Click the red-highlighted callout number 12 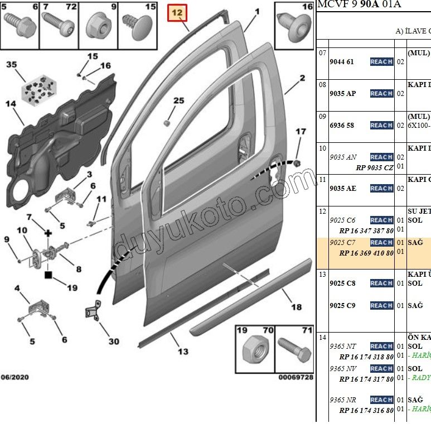click(x=178, y=12)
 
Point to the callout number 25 click(x=178, y=101)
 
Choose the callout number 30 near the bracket click(x=113, y=342)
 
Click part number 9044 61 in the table click(x=342, y=62)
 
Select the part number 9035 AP click(x=342, y=93)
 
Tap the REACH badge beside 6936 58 click(x=381, y=126)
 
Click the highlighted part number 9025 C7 click(x=342, y=243)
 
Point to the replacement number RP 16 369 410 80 click(x=366, y=253)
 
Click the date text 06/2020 click(x=14, y=377)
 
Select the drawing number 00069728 click(x=296, y=377)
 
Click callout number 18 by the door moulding click(x=296, y=307)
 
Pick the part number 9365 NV click(x=342, y=369)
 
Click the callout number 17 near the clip click(x=301, y=132)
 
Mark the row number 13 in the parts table click(x=322, y=274)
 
